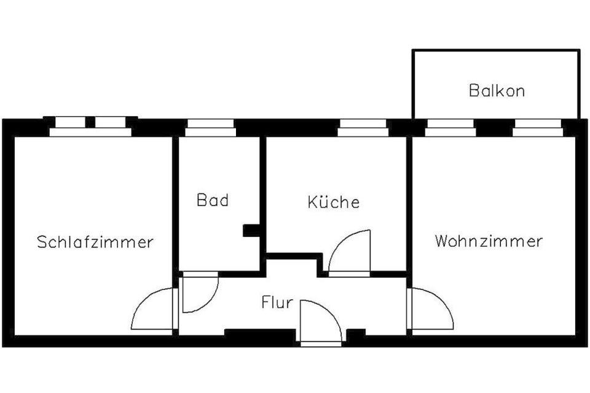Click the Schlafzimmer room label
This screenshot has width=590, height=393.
(x=95, y=241)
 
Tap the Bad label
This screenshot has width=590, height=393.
(x=213, y=200)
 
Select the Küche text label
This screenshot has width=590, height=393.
(x=334, y=202)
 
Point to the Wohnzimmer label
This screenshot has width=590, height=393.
(x=489, y=241)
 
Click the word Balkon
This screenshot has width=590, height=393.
(x=497, y=91)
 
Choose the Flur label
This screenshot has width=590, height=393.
(x=277, y=303)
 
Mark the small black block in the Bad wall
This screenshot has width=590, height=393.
(x=251, y=230)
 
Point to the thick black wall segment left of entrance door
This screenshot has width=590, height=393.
(x=259, y=334)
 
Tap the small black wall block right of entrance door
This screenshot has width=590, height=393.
(x=356, y=333)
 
